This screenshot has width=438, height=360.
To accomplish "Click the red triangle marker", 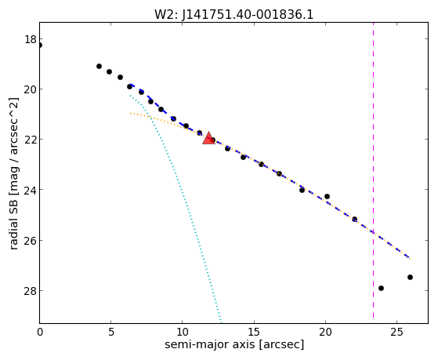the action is click(208, 138).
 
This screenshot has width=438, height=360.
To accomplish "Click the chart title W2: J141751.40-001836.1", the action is click(233, 15).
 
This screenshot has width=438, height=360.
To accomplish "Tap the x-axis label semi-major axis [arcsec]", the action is click(234, 344).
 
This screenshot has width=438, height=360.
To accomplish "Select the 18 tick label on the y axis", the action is click(31, 39).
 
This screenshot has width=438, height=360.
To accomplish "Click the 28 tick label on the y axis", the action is click(31, 291).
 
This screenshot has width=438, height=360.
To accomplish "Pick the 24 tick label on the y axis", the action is click(31, 190).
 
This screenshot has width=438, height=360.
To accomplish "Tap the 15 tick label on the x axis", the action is click(254, 332).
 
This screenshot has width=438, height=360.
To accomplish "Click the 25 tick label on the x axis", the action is click(396, 332).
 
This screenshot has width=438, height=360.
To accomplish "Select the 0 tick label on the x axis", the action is click(40, 332).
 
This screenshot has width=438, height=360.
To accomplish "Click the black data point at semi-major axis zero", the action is click(40, 45).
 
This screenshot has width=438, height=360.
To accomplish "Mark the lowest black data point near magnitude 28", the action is click(381, 288).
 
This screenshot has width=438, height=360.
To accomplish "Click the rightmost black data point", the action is click(410, 277).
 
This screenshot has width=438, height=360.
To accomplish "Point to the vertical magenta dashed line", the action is click(373, 173).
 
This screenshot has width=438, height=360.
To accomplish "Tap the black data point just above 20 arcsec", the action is click(327, 197).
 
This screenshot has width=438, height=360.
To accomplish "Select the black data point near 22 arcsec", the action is click(354, 219).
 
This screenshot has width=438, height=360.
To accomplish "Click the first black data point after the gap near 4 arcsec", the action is click(99, 67).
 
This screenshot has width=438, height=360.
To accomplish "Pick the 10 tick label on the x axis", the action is click(182, 332).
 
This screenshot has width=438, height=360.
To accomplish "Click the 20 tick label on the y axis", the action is click(31, 89).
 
